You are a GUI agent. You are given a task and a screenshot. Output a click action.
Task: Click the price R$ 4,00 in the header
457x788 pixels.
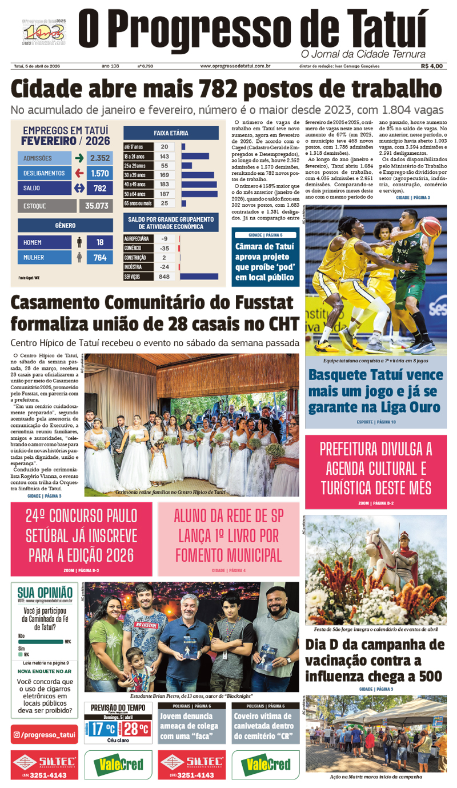[x=431, y=66]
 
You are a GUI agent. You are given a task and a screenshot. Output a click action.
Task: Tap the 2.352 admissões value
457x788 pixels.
[x=99, y=158]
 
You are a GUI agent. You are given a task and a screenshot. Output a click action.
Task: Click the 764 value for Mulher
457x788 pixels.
[x=99, y=258]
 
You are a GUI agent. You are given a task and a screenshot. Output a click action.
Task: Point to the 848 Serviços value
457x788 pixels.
[x=165, y=277]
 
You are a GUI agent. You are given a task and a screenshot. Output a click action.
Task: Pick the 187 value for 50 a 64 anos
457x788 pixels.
[x=165, y=194]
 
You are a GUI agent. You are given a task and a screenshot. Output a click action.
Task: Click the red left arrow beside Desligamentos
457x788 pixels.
[x=79, y=173]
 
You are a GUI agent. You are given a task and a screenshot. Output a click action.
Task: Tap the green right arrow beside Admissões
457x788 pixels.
[x=79, y=158]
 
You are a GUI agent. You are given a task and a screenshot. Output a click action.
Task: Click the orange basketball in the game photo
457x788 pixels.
[x=429, y=226]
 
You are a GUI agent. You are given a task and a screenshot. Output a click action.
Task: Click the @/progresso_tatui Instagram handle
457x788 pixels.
[x=45, y=734]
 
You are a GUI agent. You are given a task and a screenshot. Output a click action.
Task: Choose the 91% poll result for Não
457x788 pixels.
[x=67, y=642]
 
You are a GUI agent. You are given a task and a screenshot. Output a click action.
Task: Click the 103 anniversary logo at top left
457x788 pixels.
[x=43, y=33]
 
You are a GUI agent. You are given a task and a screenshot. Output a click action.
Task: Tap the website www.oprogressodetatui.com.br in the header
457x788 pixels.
[x=235, y=66]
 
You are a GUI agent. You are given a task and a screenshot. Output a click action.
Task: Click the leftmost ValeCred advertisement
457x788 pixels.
[x=118, y=765]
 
